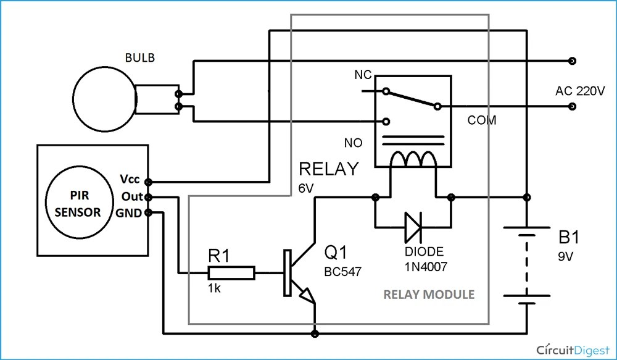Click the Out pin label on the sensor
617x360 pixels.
pos(131,197)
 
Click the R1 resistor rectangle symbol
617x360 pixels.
pos(231,272)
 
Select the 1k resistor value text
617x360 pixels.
pos(214,288)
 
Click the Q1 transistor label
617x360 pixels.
pos(337,252)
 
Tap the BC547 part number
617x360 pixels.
pos(342,270)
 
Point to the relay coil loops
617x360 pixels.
pos(412,161)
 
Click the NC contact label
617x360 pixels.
pos(362,75)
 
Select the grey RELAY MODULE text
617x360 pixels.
pos(429,295)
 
